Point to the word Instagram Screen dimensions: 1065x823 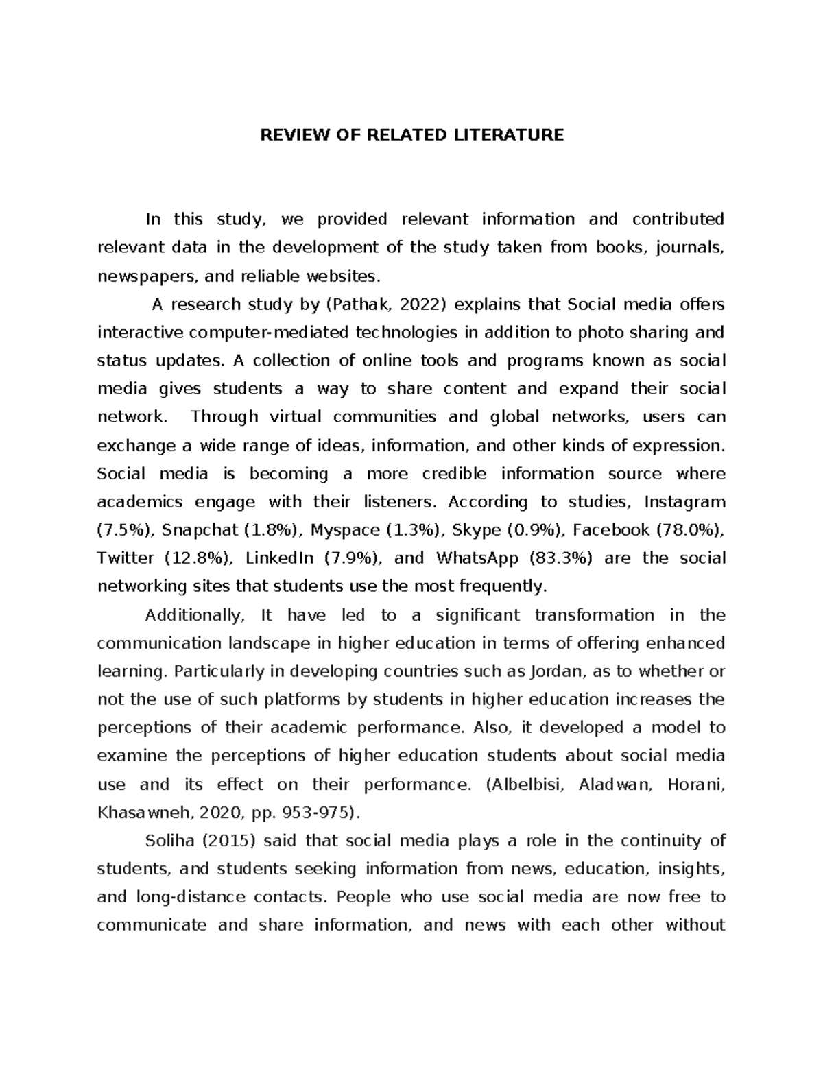click(x=684, y=502)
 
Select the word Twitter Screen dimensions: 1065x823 click(x=126, y=558)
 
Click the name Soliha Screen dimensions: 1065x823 click(x=167, y=841)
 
